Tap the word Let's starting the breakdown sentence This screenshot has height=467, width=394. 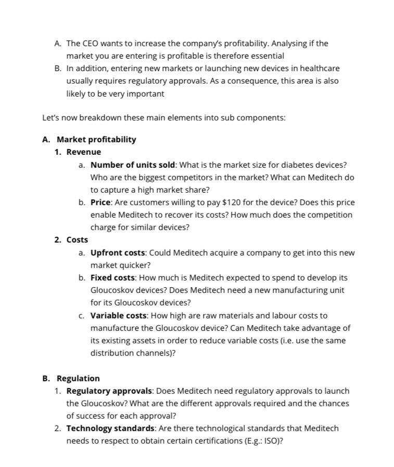pyautogui.click(x=52, y=118)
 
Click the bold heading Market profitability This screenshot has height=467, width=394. pyautogui.click(x=96, y=140)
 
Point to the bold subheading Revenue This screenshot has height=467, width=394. pyautogui.click(x=84, y=152)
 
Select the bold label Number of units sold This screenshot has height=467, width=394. pyautogui.click(x=133, y=165)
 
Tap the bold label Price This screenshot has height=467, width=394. pyautogui.click(x=100, y=203)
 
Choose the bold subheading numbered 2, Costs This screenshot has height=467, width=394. pyautogui.click(x=77, y=240)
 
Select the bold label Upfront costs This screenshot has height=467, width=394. pyautogui.click(x=118, y=253)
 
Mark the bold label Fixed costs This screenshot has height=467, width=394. pyautogui.click(x=112, y=278)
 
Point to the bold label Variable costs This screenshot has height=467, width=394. pyautogui.click(x=119, y=316)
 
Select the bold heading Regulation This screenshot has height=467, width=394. pyautogui.click(x=78, y=379)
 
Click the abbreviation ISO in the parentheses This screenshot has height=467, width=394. pyautogui.click(x=273, y=441)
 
